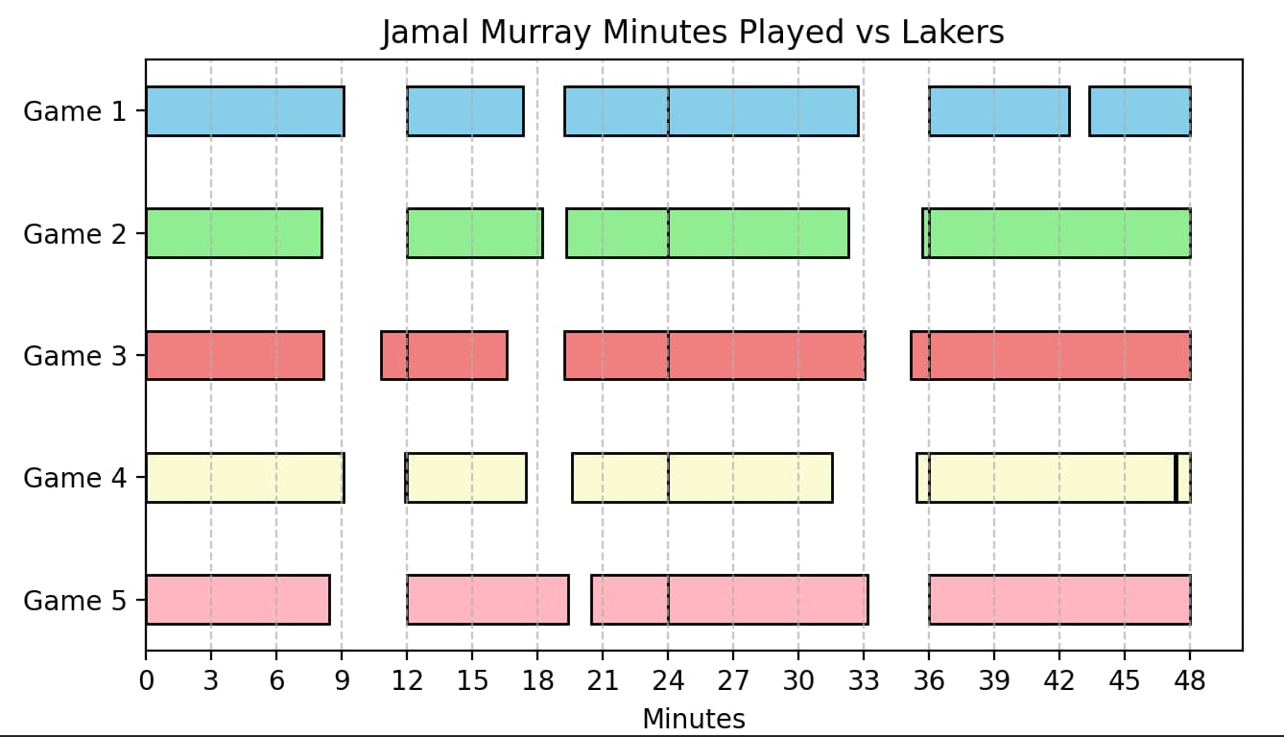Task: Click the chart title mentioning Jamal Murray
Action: [x=692, y=33]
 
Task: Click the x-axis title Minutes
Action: [x=693, y=719]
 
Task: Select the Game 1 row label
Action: [x=75, y=112]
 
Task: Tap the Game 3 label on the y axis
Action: [x=75, y=356]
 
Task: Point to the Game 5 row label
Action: [x=75, y=601]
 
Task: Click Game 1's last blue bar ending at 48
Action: [x=1139, y=111]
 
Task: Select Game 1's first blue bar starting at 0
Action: [x=245, y=111]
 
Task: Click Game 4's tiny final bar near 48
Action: [x=1183, y=477]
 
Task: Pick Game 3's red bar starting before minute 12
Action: [x=443, y=355]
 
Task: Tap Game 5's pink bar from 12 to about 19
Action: [x=487, y=600]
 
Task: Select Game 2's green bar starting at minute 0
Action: [x=233, y=233]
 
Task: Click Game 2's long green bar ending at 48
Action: [x=1056, y=233]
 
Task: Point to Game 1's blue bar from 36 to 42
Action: [x=999, y=111]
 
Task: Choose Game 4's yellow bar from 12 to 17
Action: [x=466, y=477]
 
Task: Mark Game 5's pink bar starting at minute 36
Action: [x=1059, y=600]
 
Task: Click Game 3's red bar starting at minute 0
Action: [x=234, y=355]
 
